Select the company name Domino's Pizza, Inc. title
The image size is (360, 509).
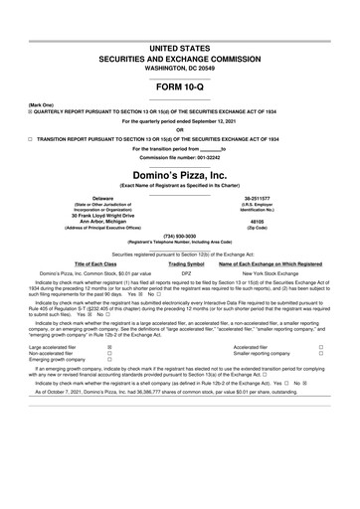tap(180, 175)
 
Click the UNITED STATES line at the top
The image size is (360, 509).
tap(179, 48)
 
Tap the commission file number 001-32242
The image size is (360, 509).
tap(180, 156)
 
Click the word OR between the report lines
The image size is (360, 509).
tap(179, 130)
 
